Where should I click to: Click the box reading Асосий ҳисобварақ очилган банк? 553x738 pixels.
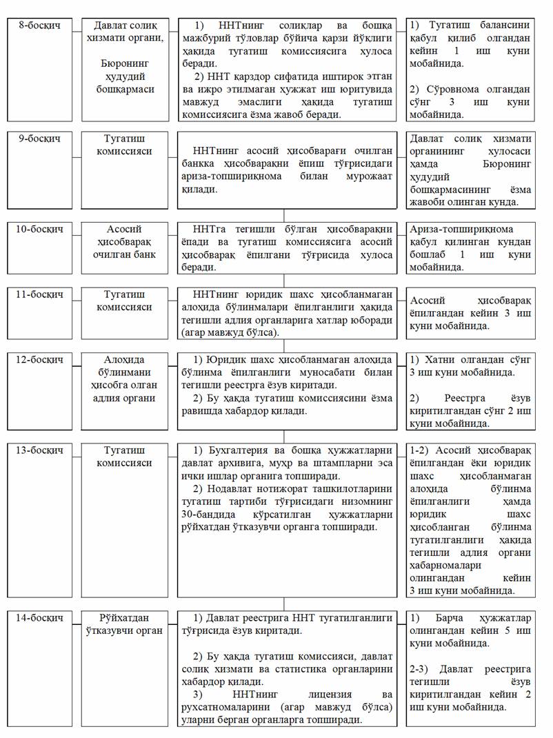pyautogui.click(x=128, y=241)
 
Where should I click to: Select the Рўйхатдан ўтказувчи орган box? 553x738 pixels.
pyautogui.click(x=128, y=624)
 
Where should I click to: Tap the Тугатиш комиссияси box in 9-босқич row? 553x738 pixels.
pyautogui.click(x=128, y=145)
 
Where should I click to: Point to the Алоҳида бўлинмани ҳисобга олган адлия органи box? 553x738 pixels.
pyautogui.click(x=128, y=379)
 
